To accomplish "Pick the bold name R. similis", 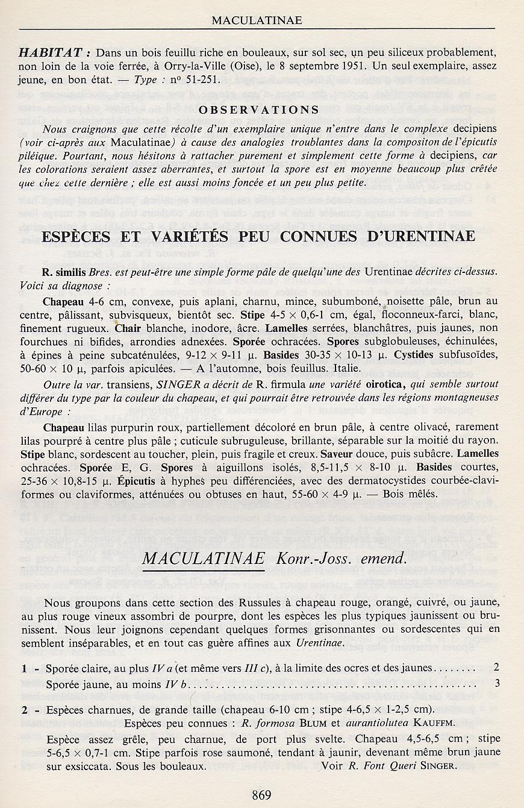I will click(x=63, y=272).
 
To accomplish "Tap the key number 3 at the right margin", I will click(x=497, y=683).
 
